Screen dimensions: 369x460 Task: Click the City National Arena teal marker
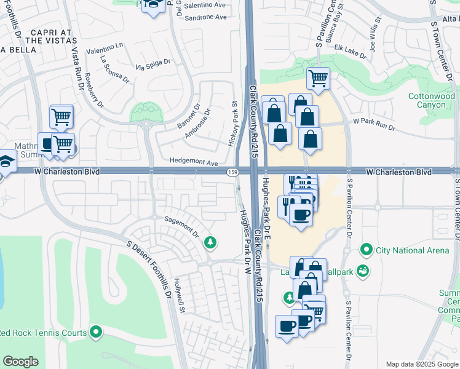pos(367,250)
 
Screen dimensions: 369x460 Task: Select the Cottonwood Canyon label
pos(432,100)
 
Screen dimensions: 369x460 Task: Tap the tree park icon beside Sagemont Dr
pos(210,243)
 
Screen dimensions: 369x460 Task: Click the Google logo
pos(20,362)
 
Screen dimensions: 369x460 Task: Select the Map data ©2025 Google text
pos(421,364)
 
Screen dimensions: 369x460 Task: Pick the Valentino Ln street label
pos(105,49)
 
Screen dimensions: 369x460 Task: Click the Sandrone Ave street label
pos(202,17)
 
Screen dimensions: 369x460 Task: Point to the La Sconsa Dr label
pos(114,69)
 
